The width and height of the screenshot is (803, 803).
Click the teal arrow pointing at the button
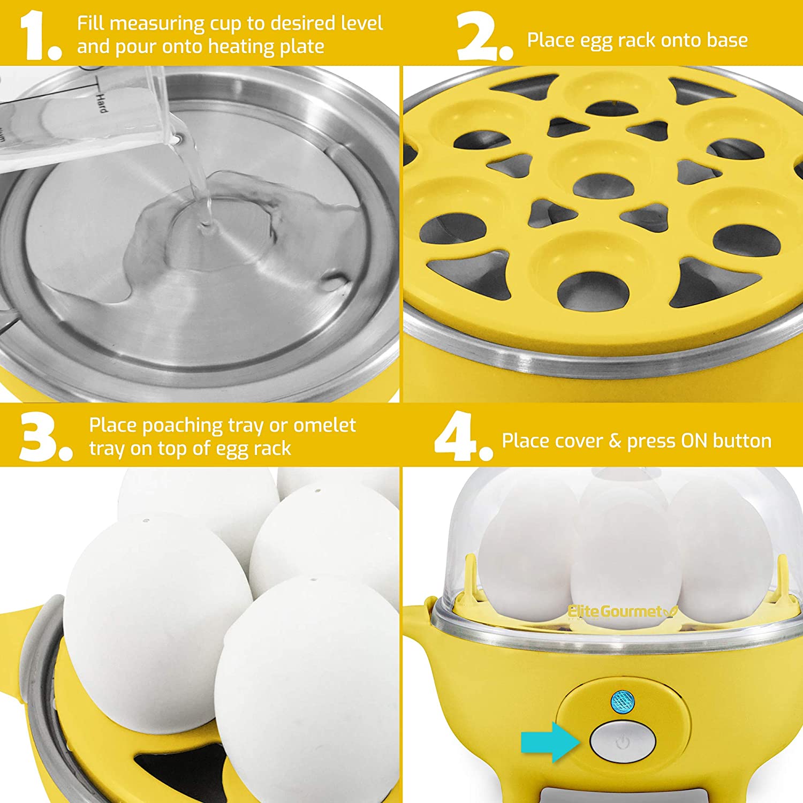pyautogui.click(x=550, y=742)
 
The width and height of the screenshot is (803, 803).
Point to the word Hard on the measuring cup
pyautogui.click(x=101, y=102)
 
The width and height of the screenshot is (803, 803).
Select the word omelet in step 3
pyautogui.click(x=324, y=425)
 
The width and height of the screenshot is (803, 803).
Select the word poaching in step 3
pyautogui.click(x=182, y=426)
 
